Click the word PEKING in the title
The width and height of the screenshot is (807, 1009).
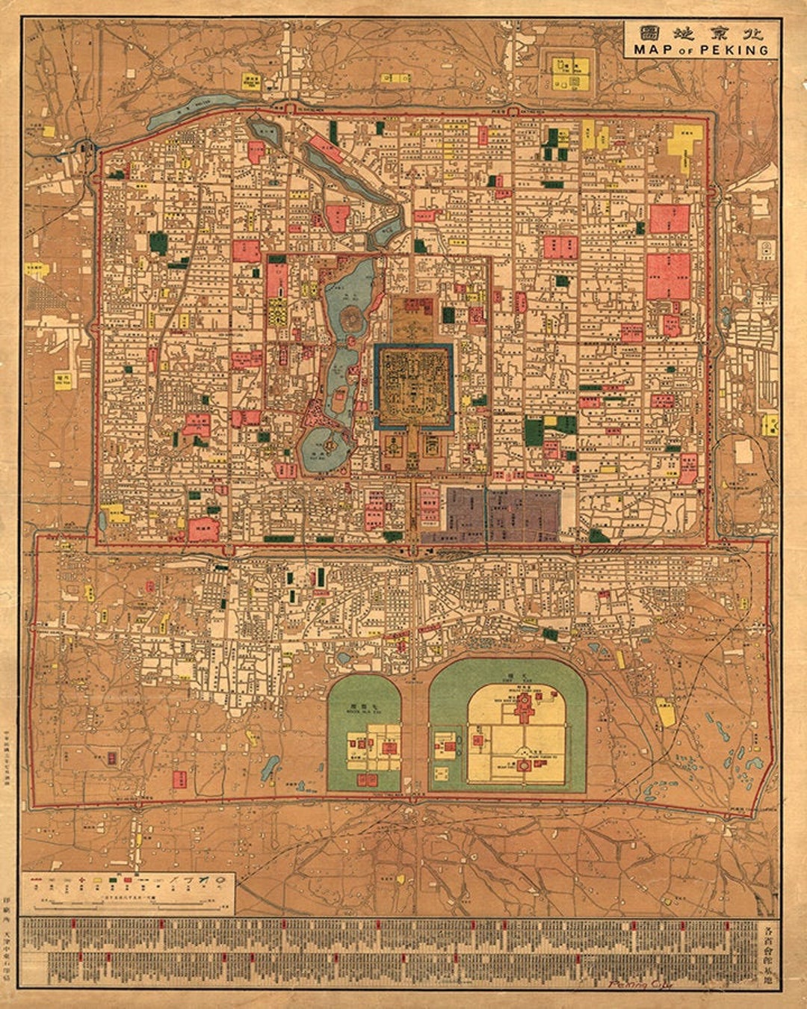point(739,50)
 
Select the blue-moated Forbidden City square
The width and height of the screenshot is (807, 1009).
point(413,386)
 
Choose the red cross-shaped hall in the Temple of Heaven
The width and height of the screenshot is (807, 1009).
point(525,706)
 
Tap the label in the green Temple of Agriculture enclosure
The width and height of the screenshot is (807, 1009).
point(363,709)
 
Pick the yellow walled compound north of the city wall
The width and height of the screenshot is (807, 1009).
point(570,71)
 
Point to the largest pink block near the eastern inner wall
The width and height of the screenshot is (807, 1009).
point(669,276)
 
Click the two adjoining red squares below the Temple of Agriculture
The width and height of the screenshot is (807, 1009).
point(367,780)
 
